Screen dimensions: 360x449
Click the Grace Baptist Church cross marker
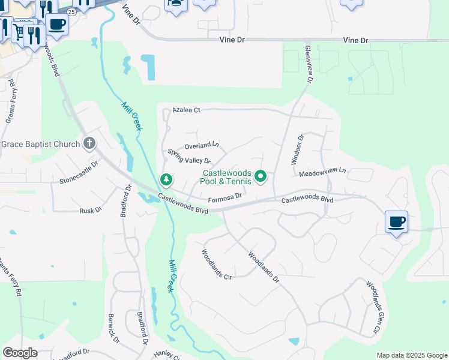pos(89,143)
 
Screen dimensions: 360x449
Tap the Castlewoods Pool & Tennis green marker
pos(261,176)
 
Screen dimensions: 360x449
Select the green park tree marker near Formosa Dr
pos(166,179)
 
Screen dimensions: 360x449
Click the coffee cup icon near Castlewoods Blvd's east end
pos(396,222)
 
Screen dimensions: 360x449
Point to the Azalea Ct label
pos(185,110)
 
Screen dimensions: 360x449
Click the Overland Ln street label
pos(202,145)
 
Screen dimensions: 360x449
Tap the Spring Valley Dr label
pos(188,157)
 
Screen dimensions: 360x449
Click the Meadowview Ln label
pos(323,172)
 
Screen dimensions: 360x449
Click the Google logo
pos(20,353)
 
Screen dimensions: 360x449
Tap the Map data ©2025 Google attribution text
pos(412,355)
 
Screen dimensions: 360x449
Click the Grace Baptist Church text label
pos(41,144)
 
